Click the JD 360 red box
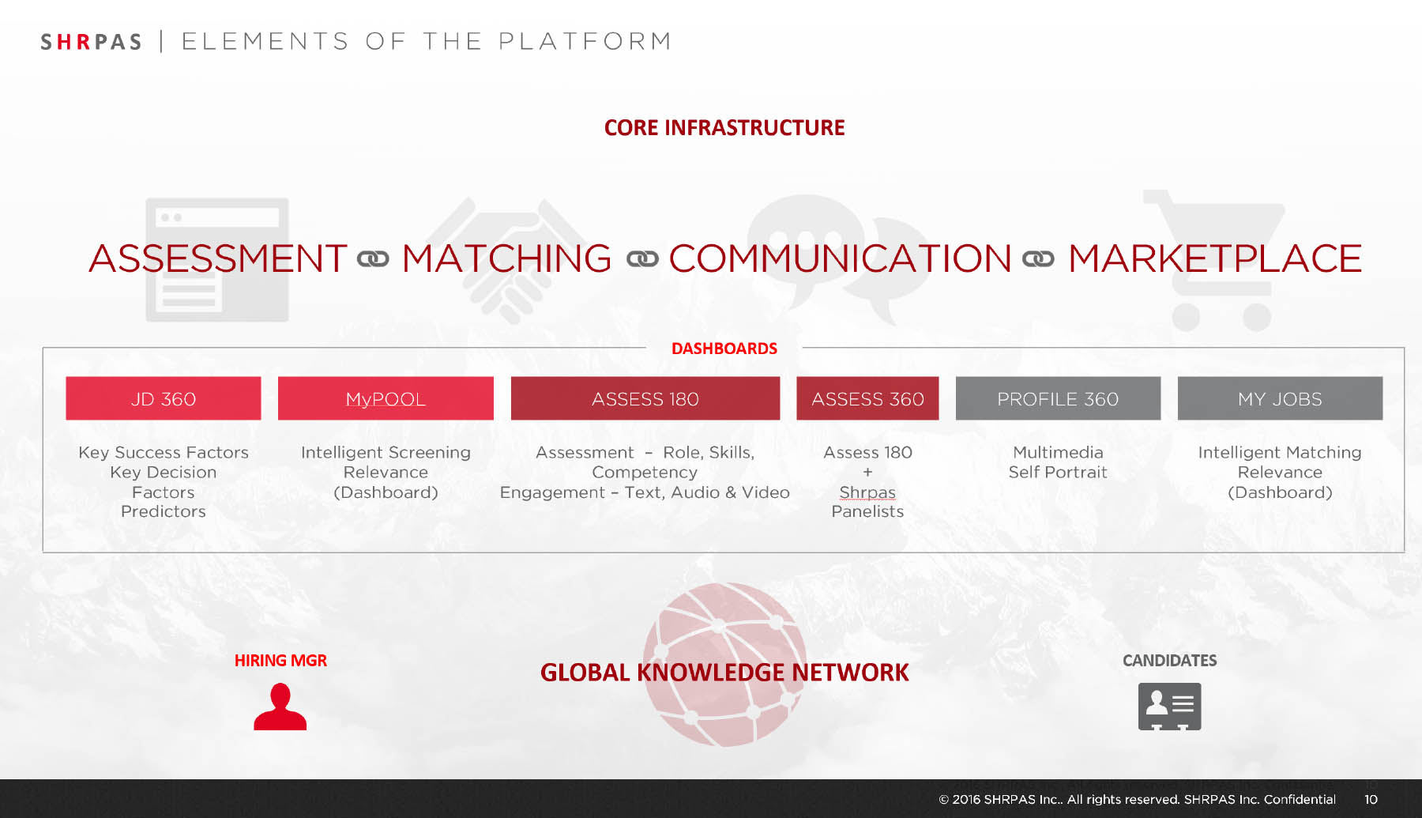164,398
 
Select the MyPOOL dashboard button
386,398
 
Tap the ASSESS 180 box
645,398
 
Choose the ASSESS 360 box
867,398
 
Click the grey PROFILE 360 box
1058,398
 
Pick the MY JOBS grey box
1280,398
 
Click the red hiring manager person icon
280,707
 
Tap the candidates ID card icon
1169,707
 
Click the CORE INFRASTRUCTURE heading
724,128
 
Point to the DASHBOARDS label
724,349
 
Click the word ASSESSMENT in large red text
218,258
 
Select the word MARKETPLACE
1215,258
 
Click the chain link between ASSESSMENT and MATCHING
373,259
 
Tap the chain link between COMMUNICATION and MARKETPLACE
1038,259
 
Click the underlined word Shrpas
867,492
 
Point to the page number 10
1371,799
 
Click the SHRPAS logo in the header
91,42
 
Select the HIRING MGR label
280,661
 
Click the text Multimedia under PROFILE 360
1058,452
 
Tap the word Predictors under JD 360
164,511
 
